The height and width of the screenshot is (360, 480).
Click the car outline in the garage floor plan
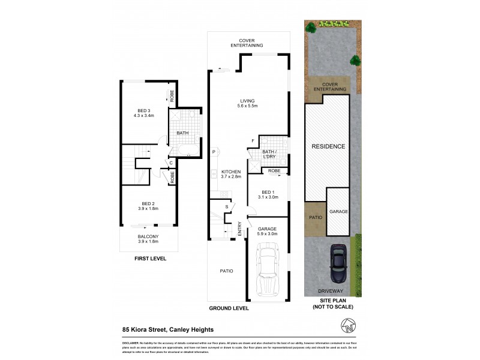coord(267,271)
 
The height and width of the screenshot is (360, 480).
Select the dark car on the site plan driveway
coord(338,263)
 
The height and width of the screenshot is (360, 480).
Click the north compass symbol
coord(349,328)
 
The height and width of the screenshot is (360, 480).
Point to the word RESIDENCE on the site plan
coord(328,146)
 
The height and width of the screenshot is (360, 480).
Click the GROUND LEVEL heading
coord(228,308)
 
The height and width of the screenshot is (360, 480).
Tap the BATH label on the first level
coord(182,133)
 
